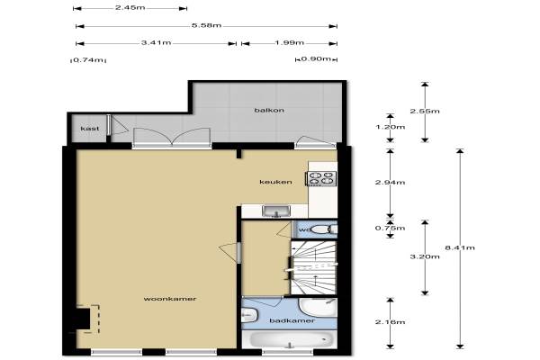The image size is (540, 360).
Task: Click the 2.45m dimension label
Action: pyautogui.click(x=130, y=7)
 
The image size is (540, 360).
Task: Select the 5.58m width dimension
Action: pyautogui.click(x=207, y=25)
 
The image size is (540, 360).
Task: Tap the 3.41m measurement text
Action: pyautogui.click(x=157, y=42)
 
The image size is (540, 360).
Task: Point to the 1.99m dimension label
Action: pyautogui.click(x=289, y=42)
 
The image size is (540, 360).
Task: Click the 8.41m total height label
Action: pyautogui.click(x=460, y=247)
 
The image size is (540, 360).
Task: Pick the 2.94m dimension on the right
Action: pyautogui.click(x=390, y=182)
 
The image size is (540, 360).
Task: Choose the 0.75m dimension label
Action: pyautogui.click(x=390, y=228)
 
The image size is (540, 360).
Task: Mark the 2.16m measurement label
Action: pyautogui.click(x=390, y=322)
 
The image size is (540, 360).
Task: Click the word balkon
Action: pyautogui.click(x=269, y=110)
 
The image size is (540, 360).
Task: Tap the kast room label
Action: pyautogui.click(x=90, y=129)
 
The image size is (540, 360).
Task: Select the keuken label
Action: pyautogui.click(x=275, y=182)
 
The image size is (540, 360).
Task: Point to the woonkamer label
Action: pyautogui.click(x=170, y=299)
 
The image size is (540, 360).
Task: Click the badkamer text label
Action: pyautogui.click(x=292, y=320)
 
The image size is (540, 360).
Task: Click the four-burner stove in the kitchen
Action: pyautogui.click(x=321, y=178)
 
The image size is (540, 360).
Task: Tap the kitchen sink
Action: pyautogui.click(x=276, y=211)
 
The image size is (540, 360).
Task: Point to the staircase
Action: pyautogui.click(x=313, y=267)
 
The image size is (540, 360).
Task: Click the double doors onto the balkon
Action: pyautogui.click(x=172, y=136)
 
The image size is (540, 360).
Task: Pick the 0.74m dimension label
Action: pyautogui.click(x=88, y=59)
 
